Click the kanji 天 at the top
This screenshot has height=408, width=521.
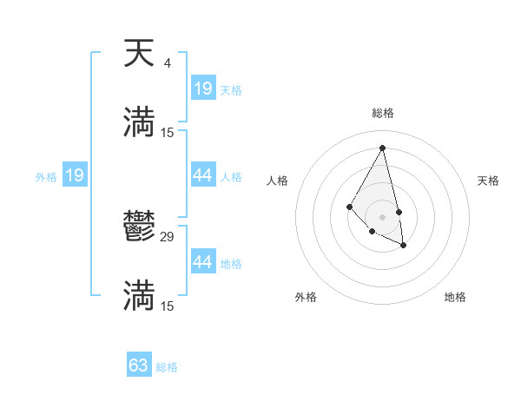139,55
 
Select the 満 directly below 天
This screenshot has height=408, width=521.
139,122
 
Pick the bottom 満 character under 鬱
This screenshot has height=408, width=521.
139,296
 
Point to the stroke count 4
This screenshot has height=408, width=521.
167,63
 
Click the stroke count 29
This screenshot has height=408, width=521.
168,236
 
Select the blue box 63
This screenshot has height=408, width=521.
139,365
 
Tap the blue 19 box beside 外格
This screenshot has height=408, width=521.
75,176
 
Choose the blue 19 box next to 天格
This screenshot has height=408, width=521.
203,89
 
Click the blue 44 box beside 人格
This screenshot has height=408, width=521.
203,175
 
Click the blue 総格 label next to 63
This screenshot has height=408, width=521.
167,367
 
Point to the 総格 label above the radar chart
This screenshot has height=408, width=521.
383,113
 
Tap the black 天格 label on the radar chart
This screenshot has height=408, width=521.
489,181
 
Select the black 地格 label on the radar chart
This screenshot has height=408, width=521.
455,297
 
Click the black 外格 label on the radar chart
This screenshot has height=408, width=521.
306,297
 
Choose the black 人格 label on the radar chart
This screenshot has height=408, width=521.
278,181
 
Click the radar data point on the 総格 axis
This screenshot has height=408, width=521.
383,148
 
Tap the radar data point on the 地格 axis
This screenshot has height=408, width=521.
405,246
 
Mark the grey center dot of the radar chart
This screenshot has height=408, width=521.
383,216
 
